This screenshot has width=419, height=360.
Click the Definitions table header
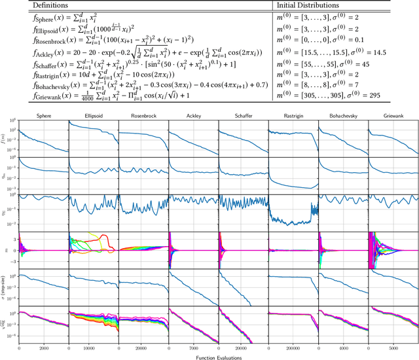[x=36, y=5]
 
